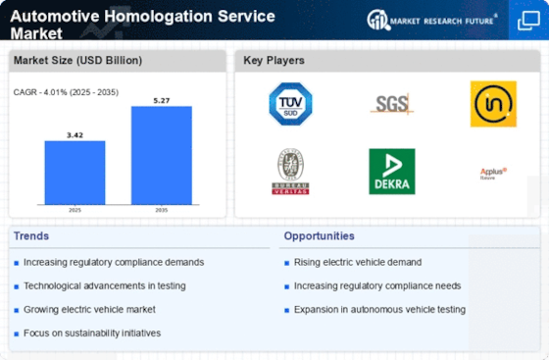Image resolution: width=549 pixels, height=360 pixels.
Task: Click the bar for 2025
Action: tap(75, 174)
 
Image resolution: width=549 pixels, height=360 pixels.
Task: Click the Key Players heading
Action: tap(274, 61)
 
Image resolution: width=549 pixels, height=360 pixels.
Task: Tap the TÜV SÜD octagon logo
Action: tap(290, 104)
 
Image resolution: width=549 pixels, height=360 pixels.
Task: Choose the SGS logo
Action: tap(391, 103)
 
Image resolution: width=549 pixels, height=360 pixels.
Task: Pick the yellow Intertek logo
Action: tap(492, 104)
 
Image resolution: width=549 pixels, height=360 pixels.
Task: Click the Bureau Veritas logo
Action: tap(290, 172)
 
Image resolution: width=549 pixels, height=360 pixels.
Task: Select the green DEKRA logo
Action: tap(391, 172)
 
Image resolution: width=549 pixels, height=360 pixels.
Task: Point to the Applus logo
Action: tap(492, 173)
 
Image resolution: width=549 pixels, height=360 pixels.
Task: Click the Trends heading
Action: tap(33, 236)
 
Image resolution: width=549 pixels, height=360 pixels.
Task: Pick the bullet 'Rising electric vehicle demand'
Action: tap(358, 262)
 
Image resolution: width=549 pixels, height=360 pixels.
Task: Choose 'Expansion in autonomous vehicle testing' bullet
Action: tap(379, 309)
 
